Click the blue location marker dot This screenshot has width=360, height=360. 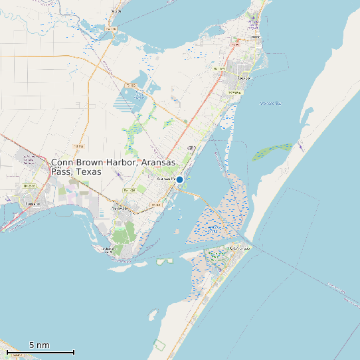(179, 179)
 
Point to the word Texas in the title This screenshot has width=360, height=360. (89, 172)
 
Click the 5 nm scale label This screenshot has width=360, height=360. (39, 345)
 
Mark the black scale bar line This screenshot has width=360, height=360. (40, 352)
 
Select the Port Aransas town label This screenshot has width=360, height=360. (238, 248)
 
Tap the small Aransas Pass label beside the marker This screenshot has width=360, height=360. (165, 179)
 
